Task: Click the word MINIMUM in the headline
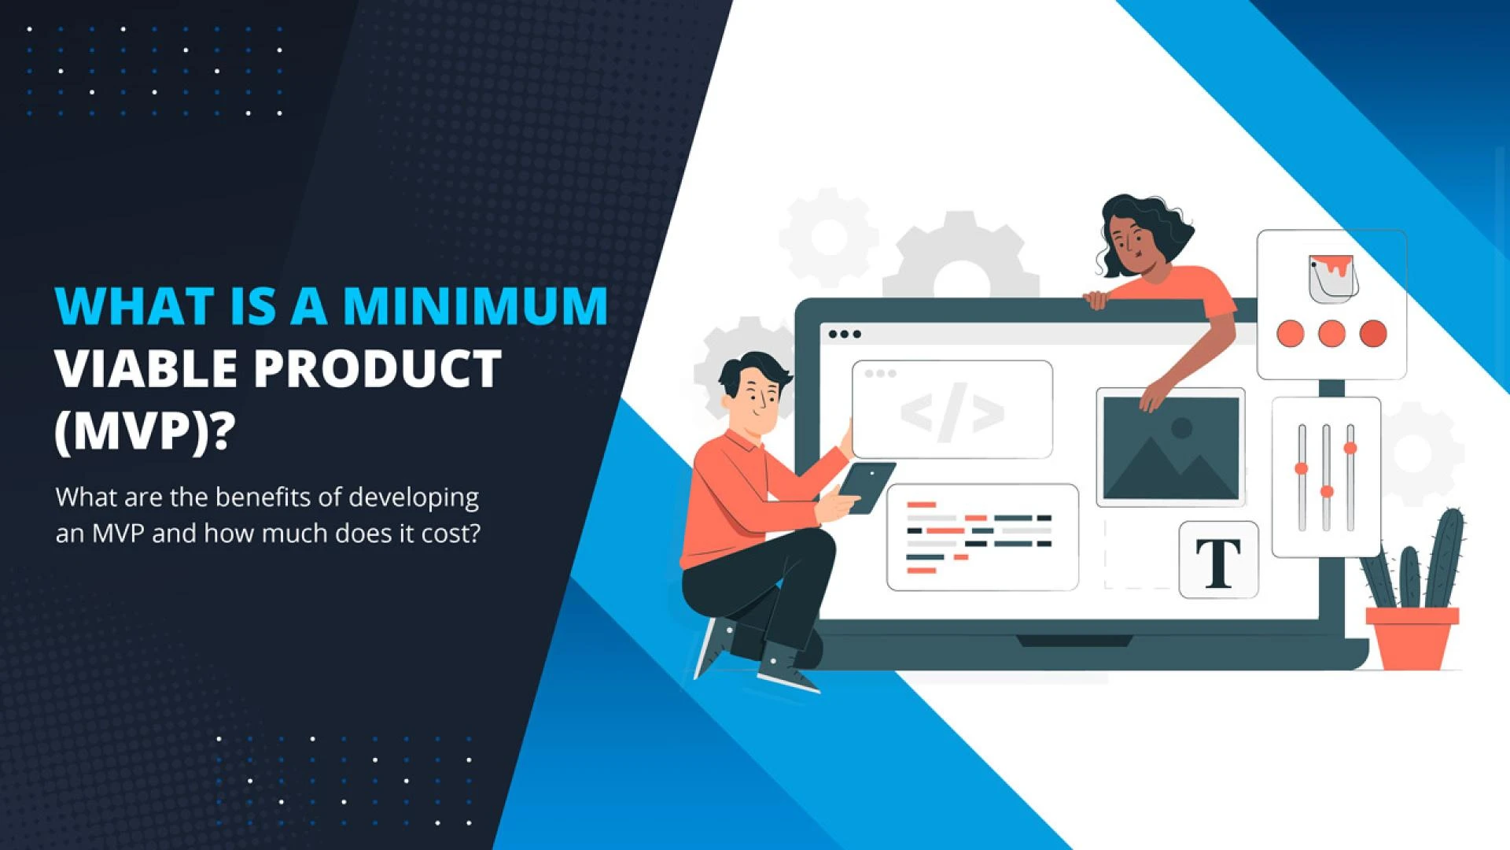(x=475, y=305)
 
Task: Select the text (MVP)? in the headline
(x=145, y=431)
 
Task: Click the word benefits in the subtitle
(x=263, y=497)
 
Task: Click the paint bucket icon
(x=1331, y=277)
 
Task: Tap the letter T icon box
(x=1218, y=560)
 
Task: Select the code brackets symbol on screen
(x=952, y=412)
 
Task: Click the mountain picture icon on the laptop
(x=1170, y=447)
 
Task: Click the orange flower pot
(x=1412, y=637)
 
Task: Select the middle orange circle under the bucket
(x=1331, y=334)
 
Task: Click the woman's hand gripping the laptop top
(x=1096, y=299)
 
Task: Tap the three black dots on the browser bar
(x=845, y=334)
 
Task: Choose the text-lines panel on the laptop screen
(x=981, y=538)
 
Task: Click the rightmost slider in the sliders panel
(x=1350, y=476)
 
